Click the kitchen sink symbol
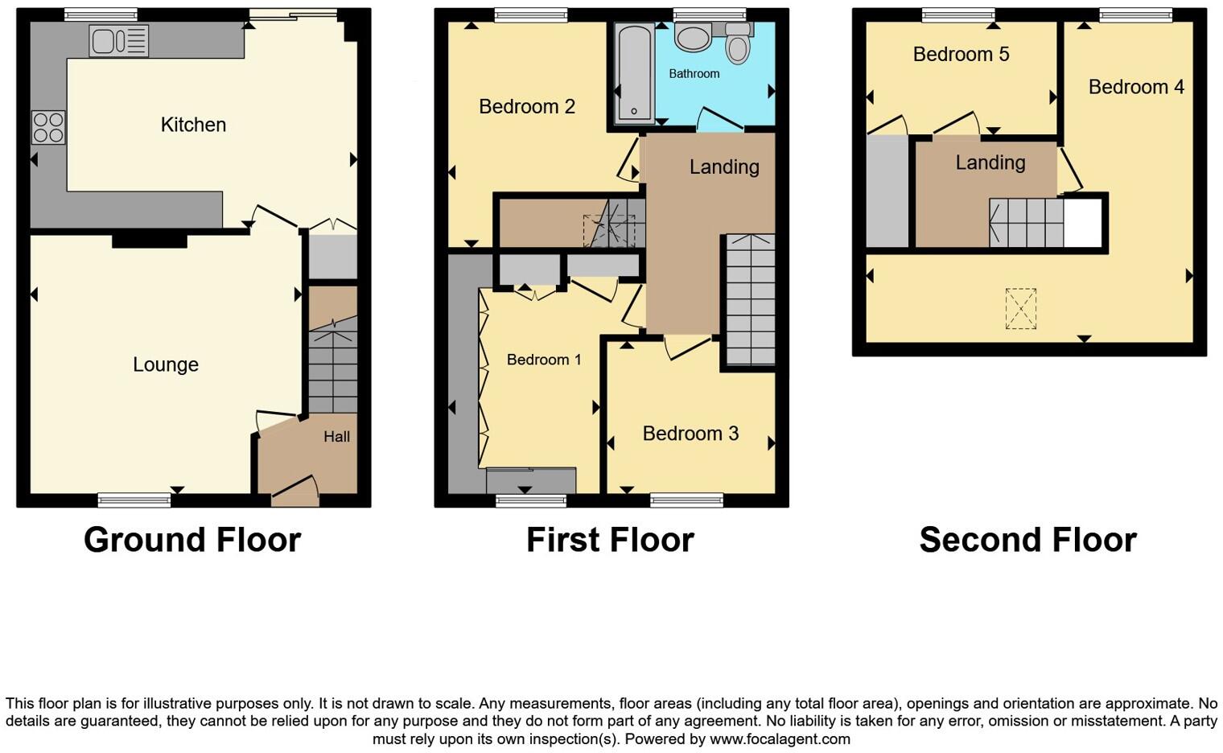point(119,41)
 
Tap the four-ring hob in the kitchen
point(48,128)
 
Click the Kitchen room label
point(193,125)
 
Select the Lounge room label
point(166,364)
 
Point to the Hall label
point(336,437)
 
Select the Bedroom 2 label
point(527,106)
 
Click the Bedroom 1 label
point(544,360)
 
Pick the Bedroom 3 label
point(690,434)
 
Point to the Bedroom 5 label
point(961,54)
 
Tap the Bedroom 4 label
point(1136,87)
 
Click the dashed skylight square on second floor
point(1020,309)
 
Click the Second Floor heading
point(1027,540)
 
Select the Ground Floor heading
point(192,540)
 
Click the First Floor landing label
point(724,167)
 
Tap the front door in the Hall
point(295,491)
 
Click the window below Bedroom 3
point(686,500)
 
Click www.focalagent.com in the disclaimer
point(780,739)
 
